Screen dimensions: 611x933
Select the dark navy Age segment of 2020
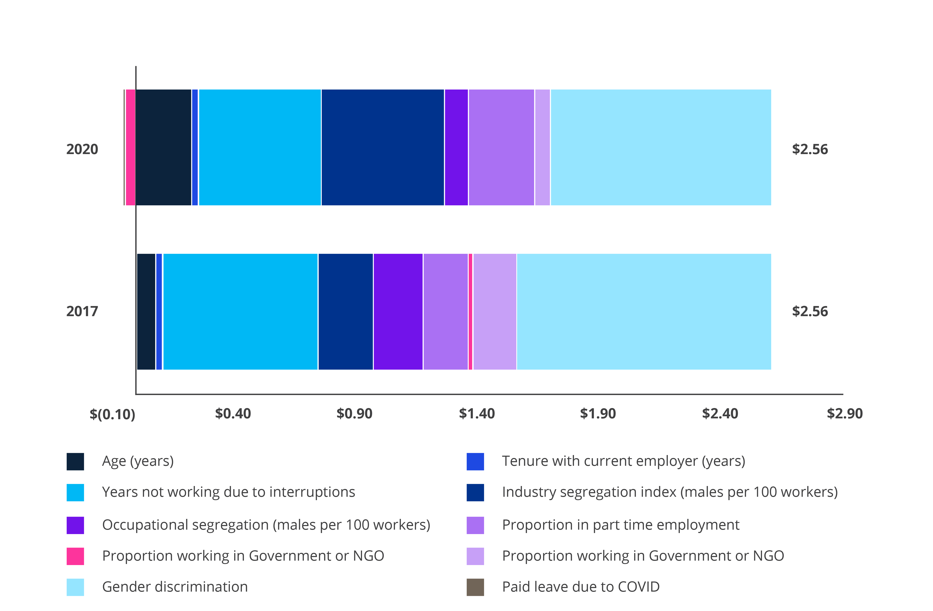click(163, 147)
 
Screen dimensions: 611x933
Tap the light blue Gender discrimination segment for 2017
click(644, 312)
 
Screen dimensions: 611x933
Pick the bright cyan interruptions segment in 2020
click(260, 147)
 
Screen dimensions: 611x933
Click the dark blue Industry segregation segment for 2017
click(345, 312)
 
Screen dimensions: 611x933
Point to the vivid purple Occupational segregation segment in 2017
click(398, 312)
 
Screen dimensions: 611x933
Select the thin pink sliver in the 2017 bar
click(470, 312)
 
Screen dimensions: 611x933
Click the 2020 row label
click(82, 149)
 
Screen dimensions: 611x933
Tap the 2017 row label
click(82, 312)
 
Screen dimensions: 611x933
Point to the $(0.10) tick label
click(113, 414)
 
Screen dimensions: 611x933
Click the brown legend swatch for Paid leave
click(475, 587)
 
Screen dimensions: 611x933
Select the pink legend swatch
click(75, 556)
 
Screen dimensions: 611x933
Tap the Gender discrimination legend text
click(175, 587)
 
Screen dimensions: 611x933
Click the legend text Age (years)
click(138, 461)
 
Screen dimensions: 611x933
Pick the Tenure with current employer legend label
click(623, 461)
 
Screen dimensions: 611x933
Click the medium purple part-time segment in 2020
click(501, 147)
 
